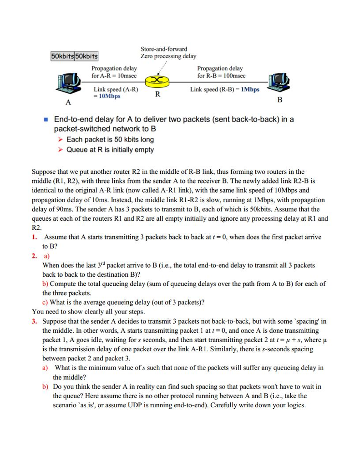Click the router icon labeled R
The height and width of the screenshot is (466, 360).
(x=157, y=81)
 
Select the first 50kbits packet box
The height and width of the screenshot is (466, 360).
(x=62, y=56)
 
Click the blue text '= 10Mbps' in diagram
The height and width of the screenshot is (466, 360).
(x=107, y=96)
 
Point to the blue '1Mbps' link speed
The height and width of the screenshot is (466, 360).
(x=250, y=89)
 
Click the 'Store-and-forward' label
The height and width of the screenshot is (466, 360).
(x=164, y=49)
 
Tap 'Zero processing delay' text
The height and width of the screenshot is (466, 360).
(x=168, y=56)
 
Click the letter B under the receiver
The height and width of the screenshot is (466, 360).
(x=280, y=99)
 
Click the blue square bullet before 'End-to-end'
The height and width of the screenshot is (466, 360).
(x=46, y=120)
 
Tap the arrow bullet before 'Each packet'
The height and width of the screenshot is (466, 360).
(x=60, y=140)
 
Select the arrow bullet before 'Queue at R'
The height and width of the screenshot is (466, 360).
(x=60, y=150)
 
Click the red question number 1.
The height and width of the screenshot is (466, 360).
(x=35, y=237)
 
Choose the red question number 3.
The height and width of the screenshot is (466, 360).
(x=35, y=321)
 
